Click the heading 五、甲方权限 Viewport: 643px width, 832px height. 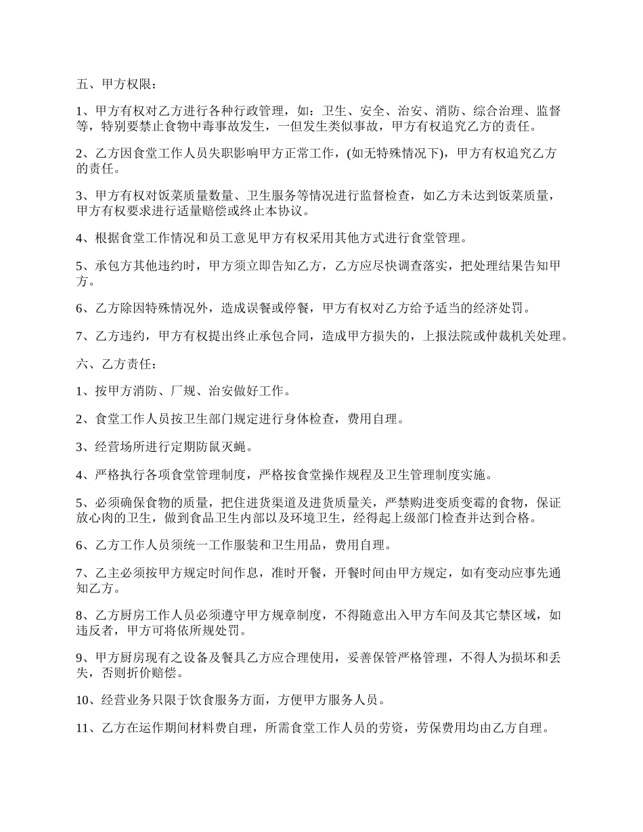115,85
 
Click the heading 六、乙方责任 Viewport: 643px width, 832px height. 115,364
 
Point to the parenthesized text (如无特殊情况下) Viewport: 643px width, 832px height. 395,154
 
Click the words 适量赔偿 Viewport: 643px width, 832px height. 218,210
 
